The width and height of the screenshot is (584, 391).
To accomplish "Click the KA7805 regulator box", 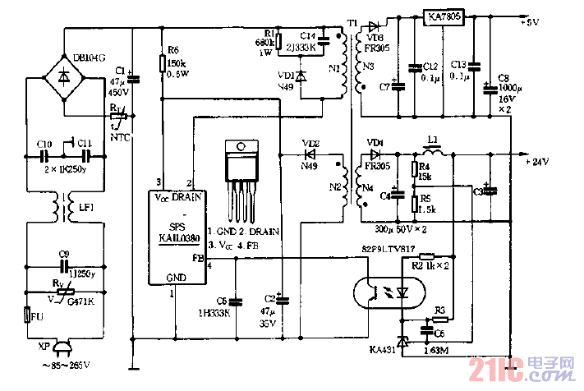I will (x=444, y=16).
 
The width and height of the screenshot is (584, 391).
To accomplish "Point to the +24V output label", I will (x=535, y=162).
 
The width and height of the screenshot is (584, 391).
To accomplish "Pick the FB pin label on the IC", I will (x=197, y=256).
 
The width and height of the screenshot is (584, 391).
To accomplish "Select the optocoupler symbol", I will (x=384, y=292).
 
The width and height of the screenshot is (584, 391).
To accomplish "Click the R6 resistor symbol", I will (x=163, y=63).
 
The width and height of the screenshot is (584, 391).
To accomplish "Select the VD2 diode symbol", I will (x=310, y=153).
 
